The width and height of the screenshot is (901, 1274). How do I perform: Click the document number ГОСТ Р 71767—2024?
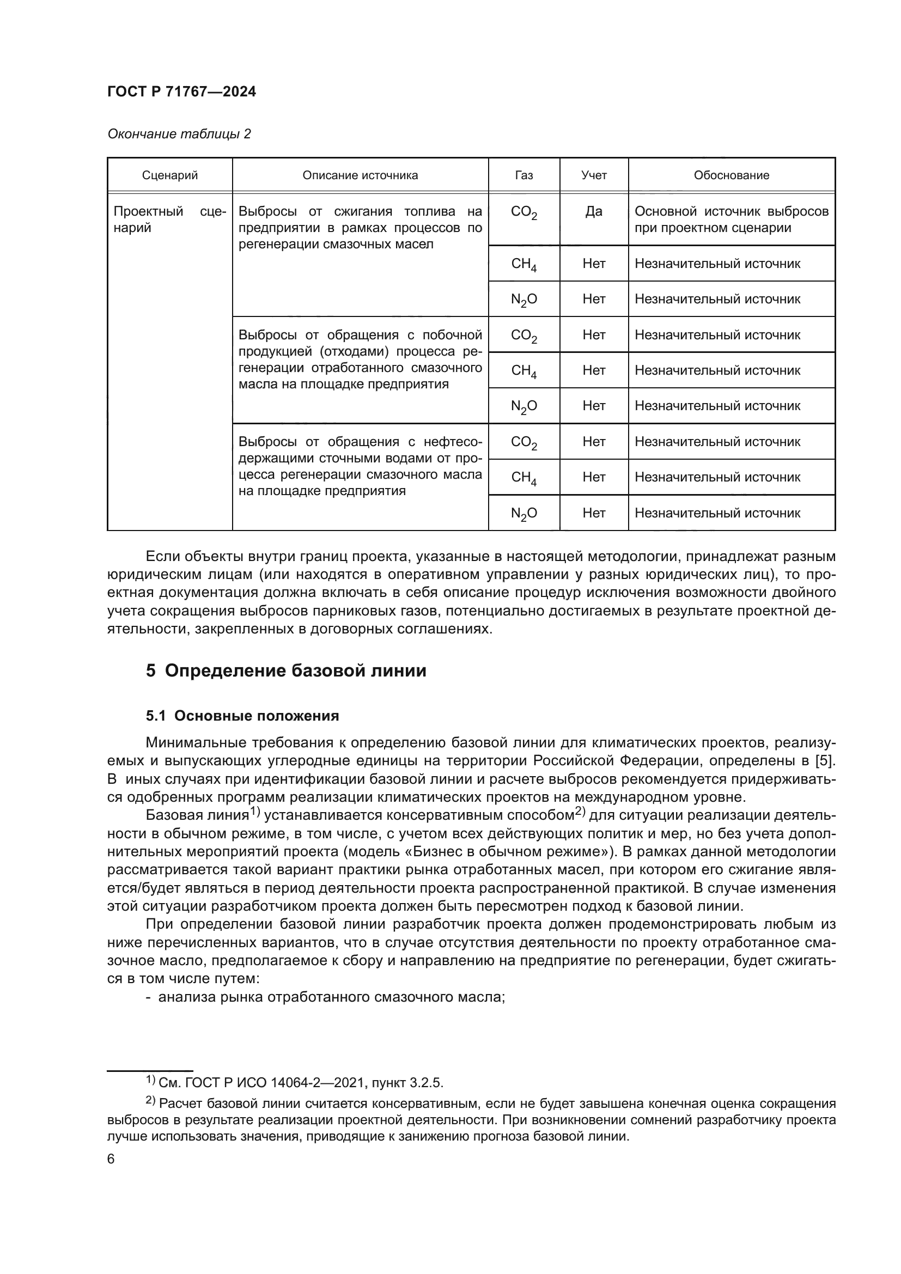(181, 92)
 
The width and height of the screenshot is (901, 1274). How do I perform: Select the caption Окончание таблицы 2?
(179, 134)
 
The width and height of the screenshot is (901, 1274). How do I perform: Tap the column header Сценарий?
(170, 175)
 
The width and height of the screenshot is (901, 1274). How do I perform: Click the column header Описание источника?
(360, 175)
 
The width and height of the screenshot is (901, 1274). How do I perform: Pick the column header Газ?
(523, 175)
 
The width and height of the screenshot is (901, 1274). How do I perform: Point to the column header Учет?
(594, 175)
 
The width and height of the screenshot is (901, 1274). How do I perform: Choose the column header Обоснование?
(731, 175)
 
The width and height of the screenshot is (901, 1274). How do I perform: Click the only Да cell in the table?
(594, 211)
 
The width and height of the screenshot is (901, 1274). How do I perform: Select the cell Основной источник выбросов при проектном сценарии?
(731, 220)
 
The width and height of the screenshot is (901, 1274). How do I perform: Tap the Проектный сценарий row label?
(169, 220)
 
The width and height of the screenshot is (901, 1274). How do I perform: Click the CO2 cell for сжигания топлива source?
(523, 212)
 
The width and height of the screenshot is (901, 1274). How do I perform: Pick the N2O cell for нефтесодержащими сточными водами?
(523, 514)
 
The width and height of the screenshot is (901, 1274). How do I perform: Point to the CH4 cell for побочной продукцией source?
(523, 371)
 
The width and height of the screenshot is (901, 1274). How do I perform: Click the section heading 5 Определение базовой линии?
(286, 670)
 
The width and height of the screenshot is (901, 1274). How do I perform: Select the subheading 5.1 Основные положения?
(242, 716)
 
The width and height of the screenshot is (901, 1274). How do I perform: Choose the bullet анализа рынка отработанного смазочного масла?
(331, 997)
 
